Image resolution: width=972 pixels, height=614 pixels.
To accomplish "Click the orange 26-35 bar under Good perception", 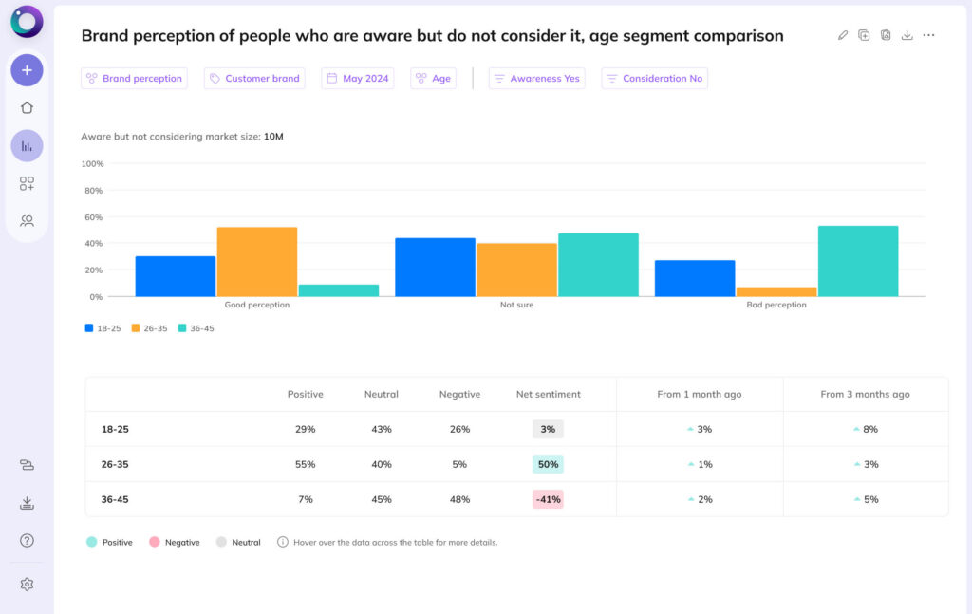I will coord(256,262).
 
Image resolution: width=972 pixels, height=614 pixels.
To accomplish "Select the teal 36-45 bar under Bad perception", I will coord(857,261).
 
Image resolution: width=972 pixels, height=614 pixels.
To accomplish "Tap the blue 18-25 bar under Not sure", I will coord(435,267).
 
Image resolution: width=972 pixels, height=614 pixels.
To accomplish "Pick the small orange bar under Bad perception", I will coord(776,291).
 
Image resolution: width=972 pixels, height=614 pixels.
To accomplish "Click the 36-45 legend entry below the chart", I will coord(196,328).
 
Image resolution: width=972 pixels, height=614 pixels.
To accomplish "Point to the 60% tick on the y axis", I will coord(93,217).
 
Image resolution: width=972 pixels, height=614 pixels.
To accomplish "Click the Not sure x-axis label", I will coord(516,306).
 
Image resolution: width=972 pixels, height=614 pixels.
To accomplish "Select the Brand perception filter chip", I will coord(134,79).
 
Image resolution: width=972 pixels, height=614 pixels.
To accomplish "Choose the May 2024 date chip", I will coord(357,79).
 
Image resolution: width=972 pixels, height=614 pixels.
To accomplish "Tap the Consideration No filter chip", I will coord(654,79).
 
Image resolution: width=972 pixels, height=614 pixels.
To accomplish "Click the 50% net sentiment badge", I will coord(548,464).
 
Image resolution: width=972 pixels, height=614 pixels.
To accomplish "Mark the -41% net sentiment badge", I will coord(548,499).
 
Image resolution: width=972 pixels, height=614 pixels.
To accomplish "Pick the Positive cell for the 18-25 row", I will coord(305,429).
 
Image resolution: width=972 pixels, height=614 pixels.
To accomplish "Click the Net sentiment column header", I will coord(548,394).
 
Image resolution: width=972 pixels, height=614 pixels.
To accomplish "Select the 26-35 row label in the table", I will coord(115,464).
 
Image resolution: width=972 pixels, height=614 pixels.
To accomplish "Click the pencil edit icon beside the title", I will coord(843,35).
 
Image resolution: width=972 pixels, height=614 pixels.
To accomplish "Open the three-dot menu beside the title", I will coord(928,35).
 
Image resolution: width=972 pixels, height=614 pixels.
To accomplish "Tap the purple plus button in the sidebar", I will coord(27,70).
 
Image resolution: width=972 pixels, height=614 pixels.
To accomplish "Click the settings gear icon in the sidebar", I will coord(27,585).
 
